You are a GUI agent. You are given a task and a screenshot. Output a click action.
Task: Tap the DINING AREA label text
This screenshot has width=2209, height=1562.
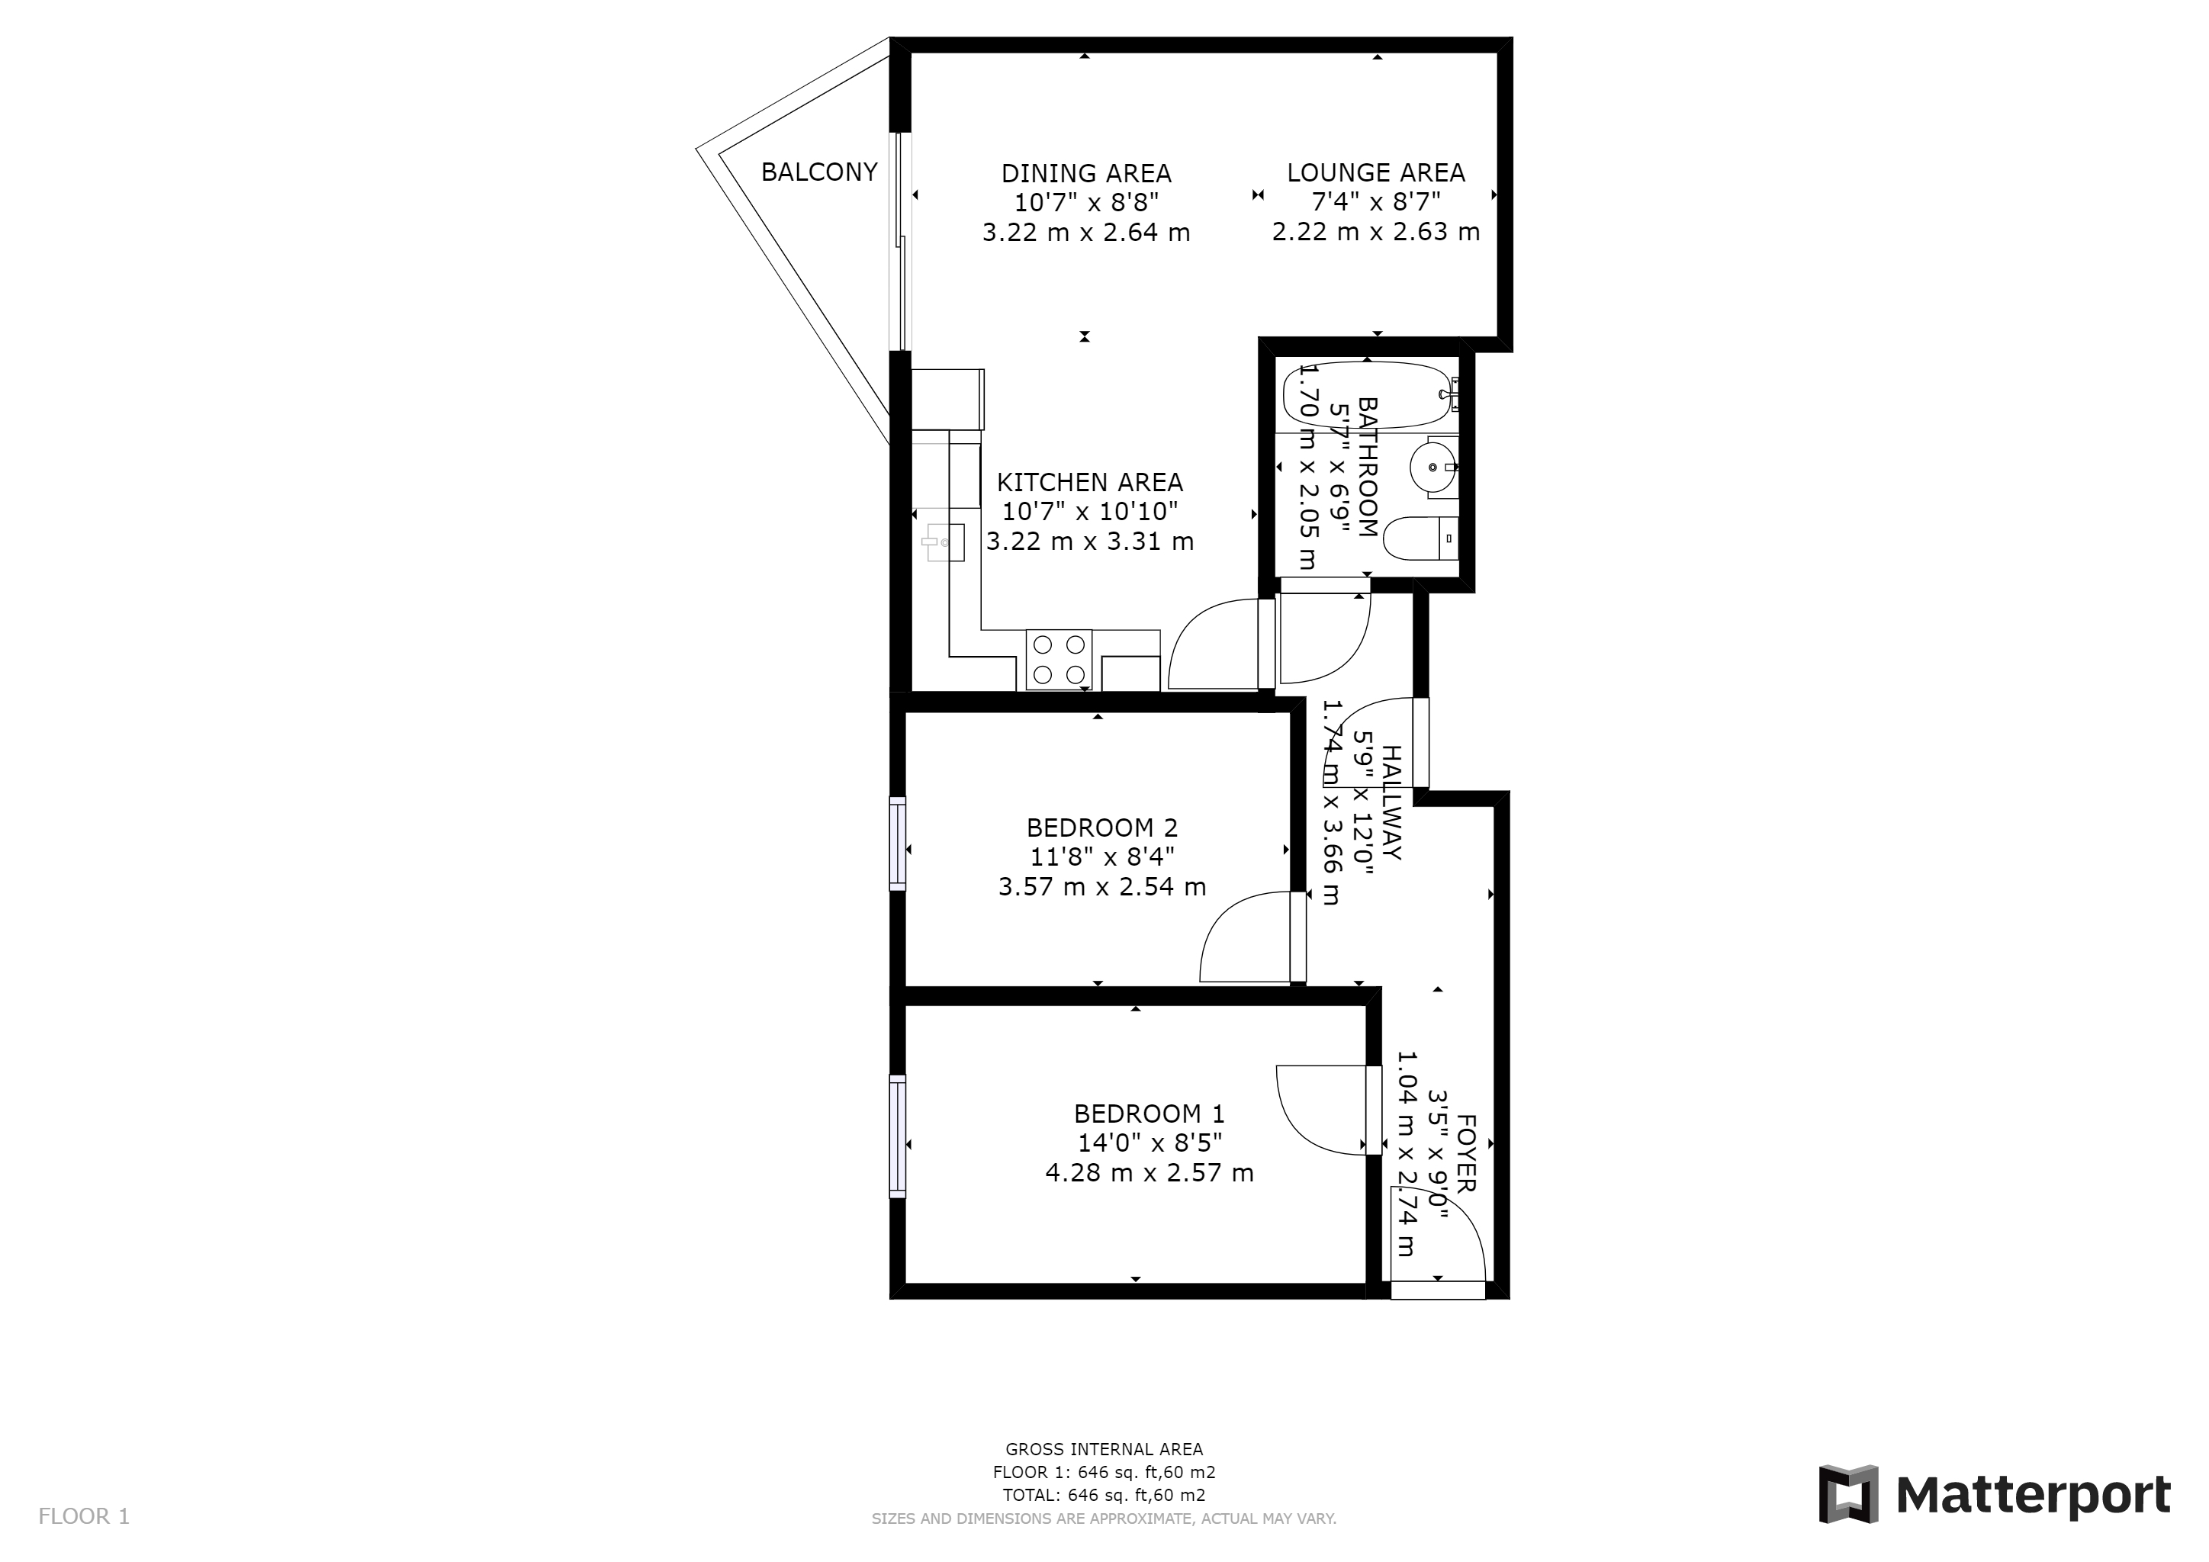tap(1086, 174)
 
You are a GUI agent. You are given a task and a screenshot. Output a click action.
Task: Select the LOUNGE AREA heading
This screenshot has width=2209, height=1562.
tap(1376, 173)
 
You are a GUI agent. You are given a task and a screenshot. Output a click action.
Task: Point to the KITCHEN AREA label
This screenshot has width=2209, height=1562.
tap(1090, 483)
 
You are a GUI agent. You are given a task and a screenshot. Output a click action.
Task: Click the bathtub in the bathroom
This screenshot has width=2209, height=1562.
tap(1367, 394)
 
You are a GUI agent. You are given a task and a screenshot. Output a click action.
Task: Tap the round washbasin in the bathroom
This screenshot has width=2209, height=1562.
tap(1433, 468)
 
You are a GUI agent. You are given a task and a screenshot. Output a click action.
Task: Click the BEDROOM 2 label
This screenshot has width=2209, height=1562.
tap(1101, 828)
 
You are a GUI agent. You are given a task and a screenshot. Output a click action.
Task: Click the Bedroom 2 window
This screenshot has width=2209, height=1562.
tap(898, 844)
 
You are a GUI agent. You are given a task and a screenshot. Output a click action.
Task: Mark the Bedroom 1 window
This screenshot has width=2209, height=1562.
tap(898, 1136)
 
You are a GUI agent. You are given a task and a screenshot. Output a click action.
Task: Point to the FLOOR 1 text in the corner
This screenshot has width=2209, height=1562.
tap(84, 1517)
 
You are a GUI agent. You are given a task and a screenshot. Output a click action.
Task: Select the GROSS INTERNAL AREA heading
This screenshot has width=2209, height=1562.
tap(1104, 1449)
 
